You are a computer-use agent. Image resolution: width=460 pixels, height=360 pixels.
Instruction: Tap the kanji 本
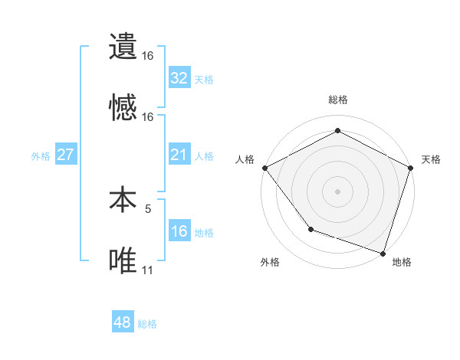(x=123, y=200)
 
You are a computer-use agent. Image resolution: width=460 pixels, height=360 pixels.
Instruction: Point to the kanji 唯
(x=123, y=261)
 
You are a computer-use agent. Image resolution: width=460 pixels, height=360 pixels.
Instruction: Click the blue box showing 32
(x=179, y=77)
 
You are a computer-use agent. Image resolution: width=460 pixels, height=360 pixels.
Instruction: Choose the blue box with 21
(x=179, y=155)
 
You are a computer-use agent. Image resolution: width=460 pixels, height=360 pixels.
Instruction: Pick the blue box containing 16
(x=179, y=231)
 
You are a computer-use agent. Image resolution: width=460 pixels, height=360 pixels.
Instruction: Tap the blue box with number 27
(x=65, y=155)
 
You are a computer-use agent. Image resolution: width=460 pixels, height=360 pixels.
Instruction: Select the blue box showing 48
(x=123, y=322)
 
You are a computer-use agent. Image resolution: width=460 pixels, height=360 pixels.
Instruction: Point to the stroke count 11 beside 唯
(x=147, y=270)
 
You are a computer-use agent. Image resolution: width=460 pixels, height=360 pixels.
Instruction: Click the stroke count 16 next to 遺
(x=147, y=56)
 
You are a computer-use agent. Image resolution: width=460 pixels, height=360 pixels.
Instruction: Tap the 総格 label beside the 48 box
(x=147, y=324)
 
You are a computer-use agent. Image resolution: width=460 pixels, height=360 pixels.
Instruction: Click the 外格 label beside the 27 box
(x=41, y=155)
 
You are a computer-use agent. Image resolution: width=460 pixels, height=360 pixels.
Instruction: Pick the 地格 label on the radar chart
(x=402, y=262)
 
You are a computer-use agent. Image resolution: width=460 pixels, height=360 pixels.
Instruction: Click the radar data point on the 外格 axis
(x=310, y=229)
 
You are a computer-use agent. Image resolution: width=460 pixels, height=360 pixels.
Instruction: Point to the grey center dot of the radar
(x=338, y=191)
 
